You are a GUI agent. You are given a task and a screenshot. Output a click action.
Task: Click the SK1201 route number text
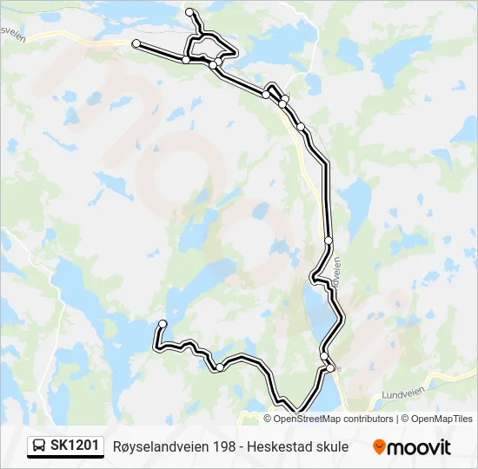[74, 446]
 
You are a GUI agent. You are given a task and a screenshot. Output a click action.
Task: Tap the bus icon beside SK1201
[40, 446]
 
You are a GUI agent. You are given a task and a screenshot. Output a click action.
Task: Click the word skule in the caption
[333, 447]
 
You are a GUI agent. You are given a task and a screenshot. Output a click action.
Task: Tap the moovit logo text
[420, 448]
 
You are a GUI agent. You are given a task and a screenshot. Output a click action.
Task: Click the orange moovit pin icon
[379, 447]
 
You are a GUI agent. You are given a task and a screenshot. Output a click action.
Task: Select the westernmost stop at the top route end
[136, 43]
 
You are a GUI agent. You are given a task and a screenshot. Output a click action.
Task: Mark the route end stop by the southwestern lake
[163, 324]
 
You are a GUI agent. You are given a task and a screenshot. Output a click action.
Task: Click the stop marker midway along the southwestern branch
[220, 367]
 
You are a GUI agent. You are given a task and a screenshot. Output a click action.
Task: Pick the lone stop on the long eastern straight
[329, 240]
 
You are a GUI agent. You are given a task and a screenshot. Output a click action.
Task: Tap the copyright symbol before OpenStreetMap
[269, 419]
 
